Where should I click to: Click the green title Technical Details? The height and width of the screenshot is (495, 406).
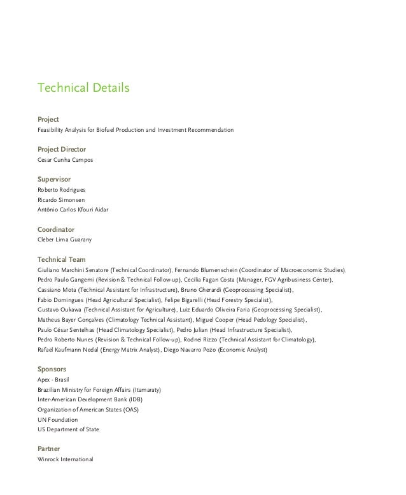coord(83,87)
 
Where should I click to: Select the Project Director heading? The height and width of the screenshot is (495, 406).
coord(62,149)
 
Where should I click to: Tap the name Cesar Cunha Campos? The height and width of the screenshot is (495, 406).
coord(65,160)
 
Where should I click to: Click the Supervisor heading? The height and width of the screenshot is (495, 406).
coord(54,179)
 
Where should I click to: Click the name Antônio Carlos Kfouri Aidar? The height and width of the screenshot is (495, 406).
coord(73,210)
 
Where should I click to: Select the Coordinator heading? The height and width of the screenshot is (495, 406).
coord(56,229)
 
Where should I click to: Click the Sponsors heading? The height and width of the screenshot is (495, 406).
coord(52,369)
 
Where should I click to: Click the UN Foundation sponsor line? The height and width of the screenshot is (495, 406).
coord(58,420)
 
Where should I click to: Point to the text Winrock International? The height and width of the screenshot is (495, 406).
coord(66,459)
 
